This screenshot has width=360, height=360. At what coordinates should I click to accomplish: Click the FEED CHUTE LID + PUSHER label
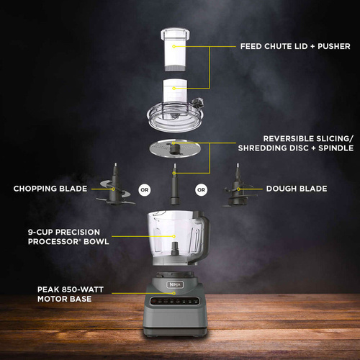pos(295,46)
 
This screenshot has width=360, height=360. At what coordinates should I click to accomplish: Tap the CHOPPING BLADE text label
pos(50,189)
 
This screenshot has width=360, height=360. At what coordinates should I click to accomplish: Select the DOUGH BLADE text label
pos(297,189)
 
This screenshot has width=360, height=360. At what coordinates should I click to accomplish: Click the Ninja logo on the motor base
pos(175,284)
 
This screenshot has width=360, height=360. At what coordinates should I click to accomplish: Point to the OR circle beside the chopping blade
pos(145,190)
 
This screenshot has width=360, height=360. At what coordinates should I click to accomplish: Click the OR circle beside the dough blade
pos(201,190)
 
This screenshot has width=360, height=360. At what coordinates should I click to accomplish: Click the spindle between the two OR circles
pos(175,185)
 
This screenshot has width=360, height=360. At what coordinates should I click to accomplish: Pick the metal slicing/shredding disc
pos(175,148)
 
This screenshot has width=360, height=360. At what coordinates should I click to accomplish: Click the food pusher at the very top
pos(175,50)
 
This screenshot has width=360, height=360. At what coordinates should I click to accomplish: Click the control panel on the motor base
pos(175,301)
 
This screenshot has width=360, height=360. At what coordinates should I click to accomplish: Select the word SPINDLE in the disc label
pos(336,148)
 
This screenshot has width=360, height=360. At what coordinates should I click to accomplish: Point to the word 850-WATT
pos(83,289)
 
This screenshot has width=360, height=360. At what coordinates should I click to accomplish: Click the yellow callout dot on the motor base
pos(174,293)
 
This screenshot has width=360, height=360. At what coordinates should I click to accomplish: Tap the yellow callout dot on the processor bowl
pos(174,236)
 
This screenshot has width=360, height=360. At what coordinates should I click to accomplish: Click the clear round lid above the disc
pos(175,117)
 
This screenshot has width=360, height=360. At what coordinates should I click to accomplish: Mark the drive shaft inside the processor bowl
pos(175,249)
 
